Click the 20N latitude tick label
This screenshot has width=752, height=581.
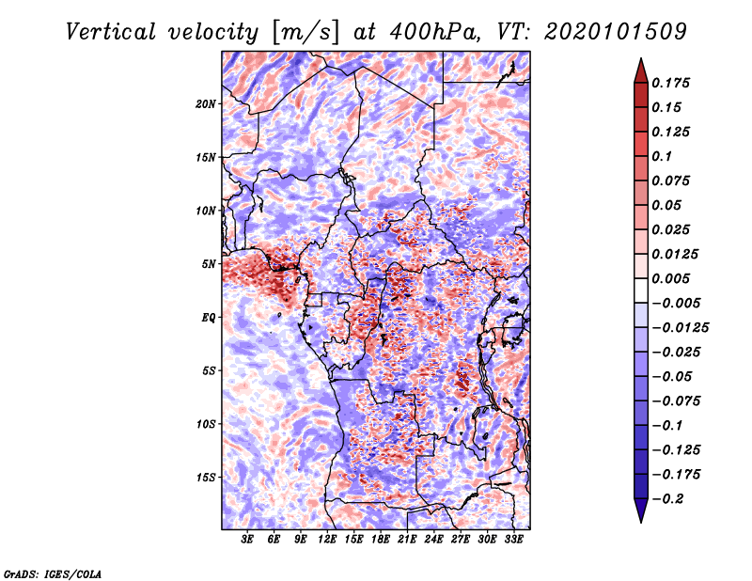click(206, 104)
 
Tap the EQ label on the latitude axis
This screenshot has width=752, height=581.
click(209, 318)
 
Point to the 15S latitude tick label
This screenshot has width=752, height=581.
click(206, 478)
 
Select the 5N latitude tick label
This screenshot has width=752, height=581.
click(209, 264)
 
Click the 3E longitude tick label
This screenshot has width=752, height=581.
click(247, 540)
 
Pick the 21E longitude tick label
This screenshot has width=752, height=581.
click(407, 540)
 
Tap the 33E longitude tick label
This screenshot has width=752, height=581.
click(513, 540)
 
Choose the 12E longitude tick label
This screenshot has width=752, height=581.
click(327, 540)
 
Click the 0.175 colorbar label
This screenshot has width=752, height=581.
click(670, 83)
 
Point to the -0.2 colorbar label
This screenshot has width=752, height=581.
click(667, 499)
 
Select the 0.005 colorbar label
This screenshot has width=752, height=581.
click(670, 278)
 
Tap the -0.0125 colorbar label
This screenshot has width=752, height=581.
click(680, 328)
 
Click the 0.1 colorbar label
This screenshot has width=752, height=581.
click(662, 156)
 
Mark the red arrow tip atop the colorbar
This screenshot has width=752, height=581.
click(641, 58)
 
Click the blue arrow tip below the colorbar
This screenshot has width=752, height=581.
click(641, 522)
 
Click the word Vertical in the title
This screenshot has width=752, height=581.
click(111, 32)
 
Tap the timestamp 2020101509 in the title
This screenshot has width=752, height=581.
click(616, 32)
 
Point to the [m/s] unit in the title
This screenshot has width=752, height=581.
click(305, 33)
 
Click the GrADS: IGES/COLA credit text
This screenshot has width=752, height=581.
click(53, 573)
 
